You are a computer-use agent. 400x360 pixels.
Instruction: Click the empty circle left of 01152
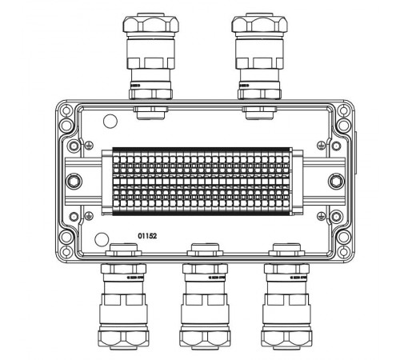click(101, 238)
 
